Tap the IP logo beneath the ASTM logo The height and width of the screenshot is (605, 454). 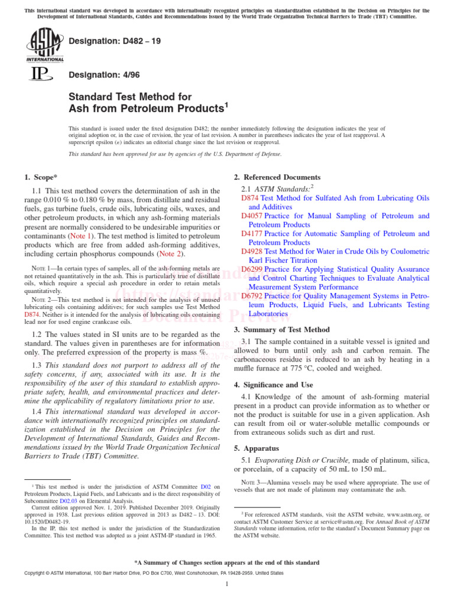41,74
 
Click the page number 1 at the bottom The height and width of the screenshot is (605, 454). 227,584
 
